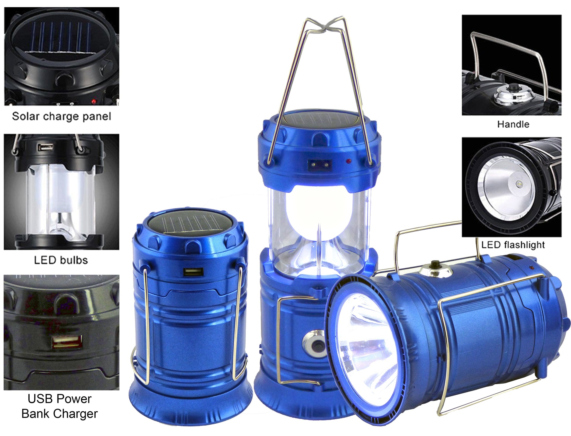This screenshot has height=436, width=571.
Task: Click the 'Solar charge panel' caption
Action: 61,116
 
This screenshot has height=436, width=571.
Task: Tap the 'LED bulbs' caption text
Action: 61,260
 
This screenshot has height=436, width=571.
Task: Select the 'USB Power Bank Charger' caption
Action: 60,406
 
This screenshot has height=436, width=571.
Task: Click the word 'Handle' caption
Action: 513,124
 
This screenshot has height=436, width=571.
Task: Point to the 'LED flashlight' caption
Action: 513,245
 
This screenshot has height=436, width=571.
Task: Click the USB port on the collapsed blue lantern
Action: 193,272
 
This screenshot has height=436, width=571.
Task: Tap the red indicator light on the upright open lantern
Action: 349,161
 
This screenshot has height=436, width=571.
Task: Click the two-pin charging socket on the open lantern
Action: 320,164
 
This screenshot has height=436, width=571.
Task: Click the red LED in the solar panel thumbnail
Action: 94,102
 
